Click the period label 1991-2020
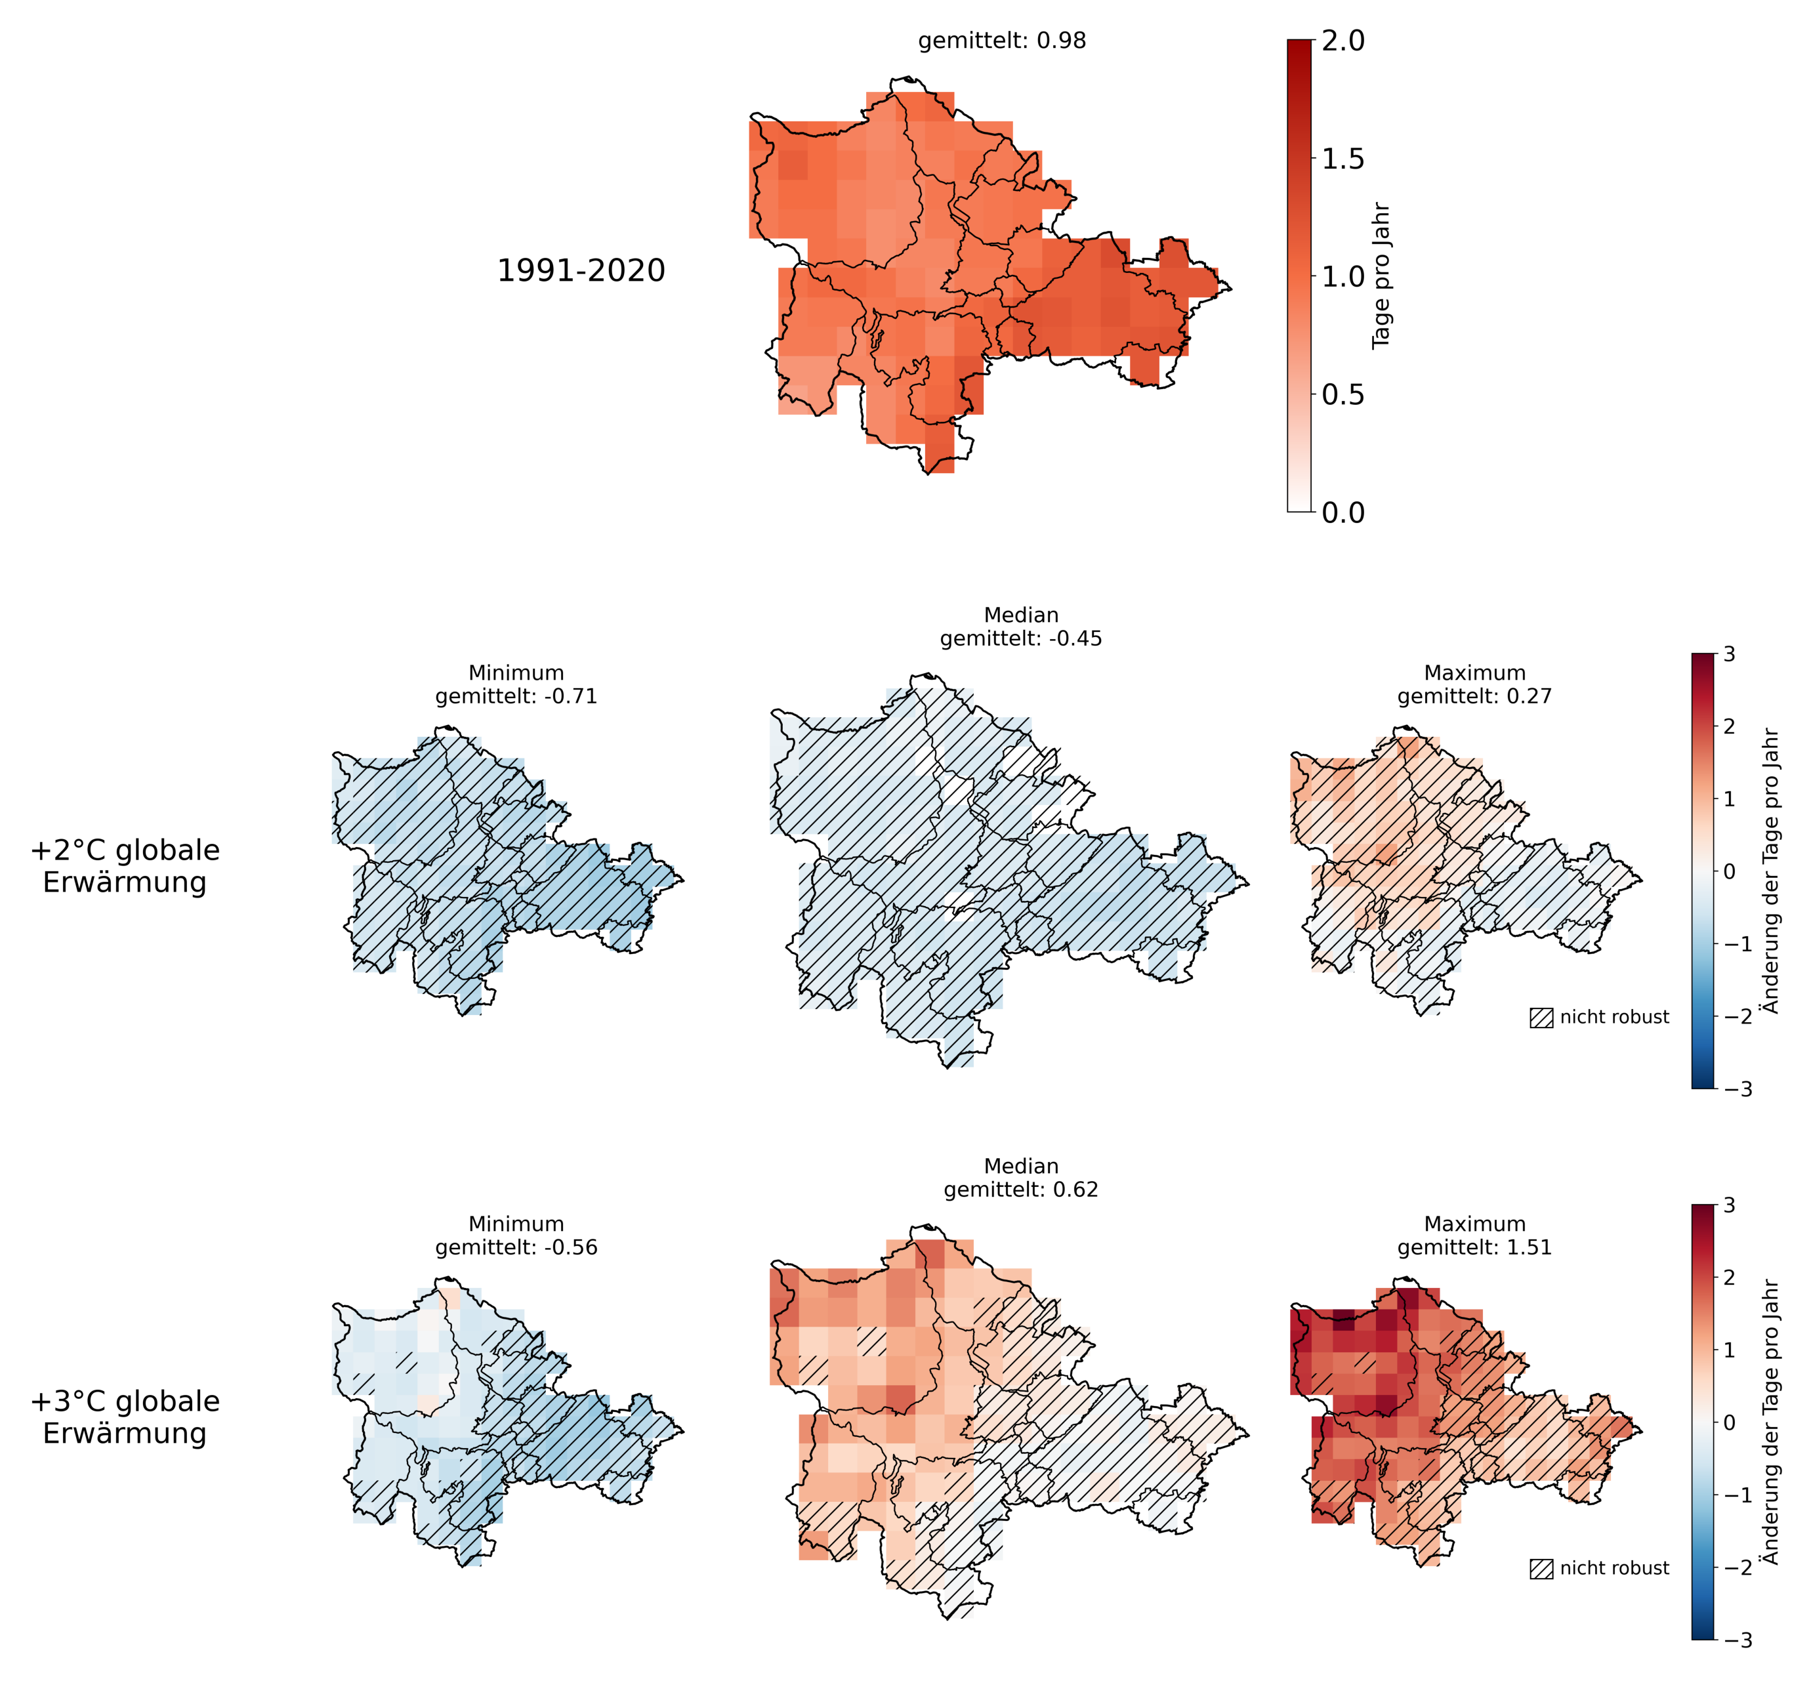coord(581,270)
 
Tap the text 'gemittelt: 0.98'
coord(1001,41)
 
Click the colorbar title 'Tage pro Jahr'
coord(1381,276)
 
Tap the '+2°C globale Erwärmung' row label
coord(125,866)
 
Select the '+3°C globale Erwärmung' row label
coord(125,1417)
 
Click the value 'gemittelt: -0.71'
coord(516,697)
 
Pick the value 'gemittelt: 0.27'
coord(1474,697)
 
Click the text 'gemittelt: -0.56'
coord(516,1247)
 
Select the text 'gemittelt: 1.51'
coord(1474,1247)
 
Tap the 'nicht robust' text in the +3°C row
coord(1615,1568)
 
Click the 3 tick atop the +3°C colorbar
coord(1728,1205)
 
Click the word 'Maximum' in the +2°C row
coord(1474,673)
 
